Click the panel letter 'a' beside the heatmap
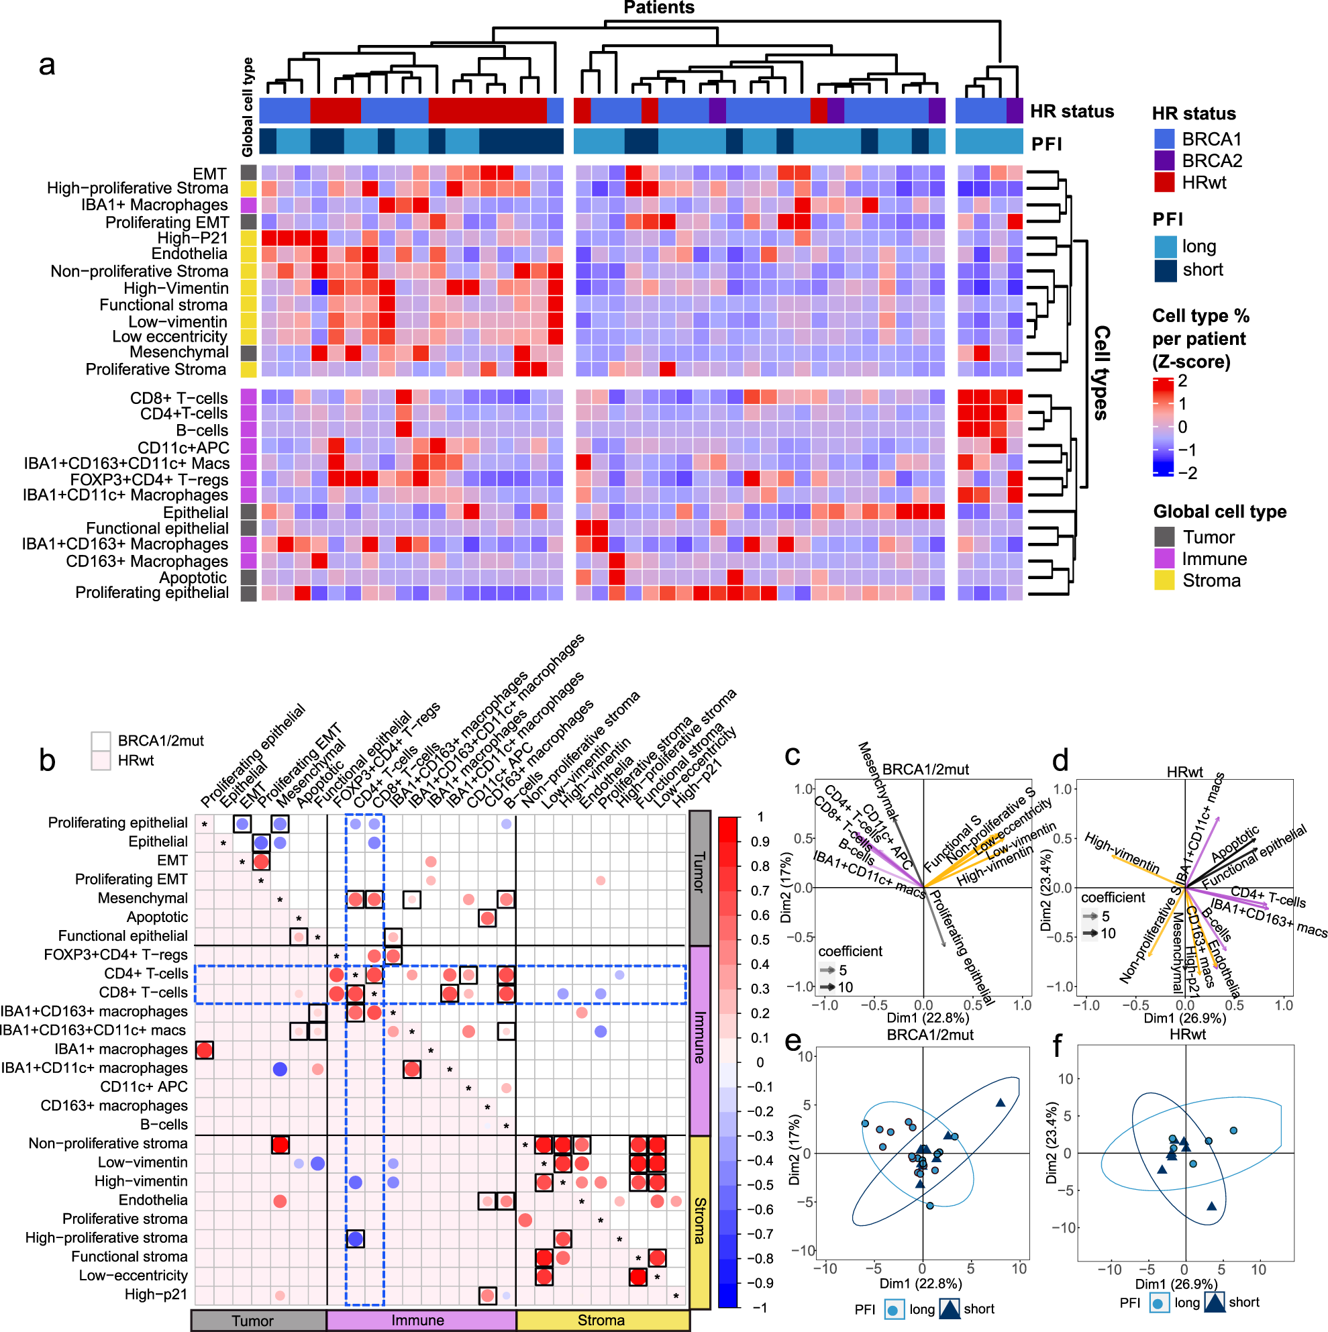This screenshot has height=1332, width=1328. [x=47, y=65]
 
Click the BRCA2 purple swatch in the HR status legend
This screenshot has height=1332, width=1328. [x=1164, y=160]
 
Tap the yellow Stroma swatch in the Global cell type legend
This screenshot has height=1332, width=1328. [x=1164, y=580]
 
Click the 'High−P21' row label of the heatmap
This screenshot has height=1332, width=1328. [x=193, y=238]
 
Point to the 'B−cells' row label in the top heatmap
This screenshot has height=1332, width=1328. [x=201, y=430]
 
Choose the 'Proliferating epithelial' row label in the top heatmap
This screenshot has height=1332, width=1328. [x=152, y=593]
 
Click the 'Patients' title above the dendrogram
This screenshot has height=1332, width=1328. [x=658, y=7]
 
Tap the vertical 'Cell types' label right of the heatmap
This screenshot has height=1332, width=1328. [x=1101, y=372]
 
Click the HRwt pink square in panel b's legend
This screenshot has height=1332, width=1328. [x=101, y=760]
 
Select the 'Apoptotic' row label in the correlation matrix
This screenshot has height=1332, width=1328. [x=157, y=917]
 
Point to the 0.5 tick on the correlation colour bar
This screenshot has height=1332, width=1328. [x=760, y=939]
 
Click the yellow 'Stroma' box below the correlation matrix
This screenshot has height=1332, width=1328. [x=602, y=1321]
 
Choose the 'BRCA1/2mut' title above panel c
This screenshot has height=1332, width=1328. [x=925, y=770]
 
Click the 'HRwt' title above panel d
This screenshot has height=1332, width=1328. [x=1184, y=772]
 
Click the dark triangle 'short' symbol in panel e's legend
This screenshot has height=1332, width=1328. [x=950, y=1309]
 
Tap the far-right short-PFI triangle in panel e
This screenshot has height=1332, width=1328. [x=1000, y=1103]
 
